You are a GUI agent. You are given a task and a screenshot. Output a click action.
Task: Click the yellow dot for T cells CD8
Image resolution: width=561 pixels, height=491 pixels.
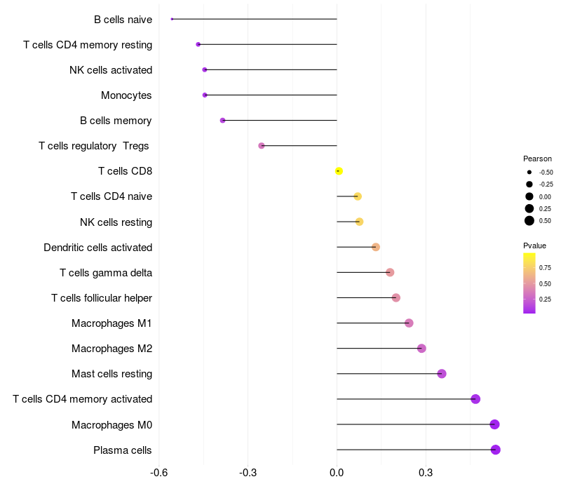pyautogui.click(x=339, y=171)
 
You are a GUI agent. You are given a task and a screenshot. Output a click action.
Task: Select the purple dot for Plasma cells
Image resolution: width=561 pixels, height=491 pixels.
pyautogui.click(x=495, y=450)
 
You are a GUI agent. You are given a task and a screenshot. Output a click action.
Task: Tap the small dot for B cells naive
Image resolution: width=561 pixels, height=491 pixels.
pyautogui.click(x=172, y=19)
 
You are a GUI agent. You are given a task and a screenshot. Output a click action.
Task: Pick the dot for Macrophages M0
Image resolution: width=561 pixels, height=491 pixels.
pyautogui.click(x=494, y=424)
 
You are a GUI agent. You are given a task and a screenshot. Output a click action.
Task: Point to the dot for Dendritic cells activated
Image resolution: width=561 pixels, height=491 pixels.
pyautogui.click(x=376, y=247)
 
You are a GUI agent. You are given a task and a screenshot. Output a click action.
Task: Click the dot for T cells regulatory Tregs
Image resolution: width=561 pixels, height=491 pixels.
pyautogui.click(x=262, y=146)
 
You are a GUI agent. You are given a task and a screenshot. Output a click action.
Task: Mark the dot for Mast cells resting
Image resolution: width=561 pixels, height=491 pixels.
pyautogui.click(x=442, y=374)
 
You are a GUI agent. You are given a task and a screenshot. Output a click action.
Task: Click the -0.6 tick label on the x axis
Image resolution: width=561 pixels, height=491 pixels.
pyautogui.click(x=159, y=473)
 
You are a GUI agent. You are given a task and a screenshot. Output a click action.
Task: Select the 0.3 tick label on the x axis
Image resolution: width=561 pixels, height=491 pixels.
pyautogui.click(x=426, y=473)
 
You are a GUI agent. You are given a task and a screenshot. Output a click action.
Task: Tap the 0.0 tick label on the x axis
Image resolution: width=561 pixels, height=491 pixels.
pyautogui.click(x=337, y=473)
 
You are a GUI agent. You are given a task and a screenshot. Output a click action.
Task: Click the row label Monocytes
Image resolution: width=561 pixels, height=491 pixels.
pyautogui.click(x=126, y=95)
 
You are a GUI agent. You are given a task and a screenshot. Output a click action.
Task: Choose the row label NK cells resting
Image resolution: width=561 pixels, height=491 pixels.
pyautogui.click(x=116, y=222)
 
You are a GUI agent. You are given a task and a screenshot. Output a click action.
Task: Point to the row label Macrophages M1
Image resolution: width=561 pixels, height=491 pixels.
pyautogui.click(x=111, y=323)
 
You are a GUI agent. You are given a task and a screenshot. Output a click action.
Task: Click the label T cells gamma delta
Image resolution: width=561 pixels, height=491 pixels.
pyautogui.click(x=106, y=273)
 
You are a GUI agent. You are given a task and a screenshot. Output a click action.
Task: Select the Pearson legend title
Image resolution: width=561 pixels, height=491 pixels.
pyautogui.click(x=537, y=159)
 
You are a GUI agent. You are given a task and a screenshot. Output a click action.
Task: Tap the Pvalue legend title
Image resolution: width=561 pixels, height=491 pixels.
pyautogui.click(x=534, y=245)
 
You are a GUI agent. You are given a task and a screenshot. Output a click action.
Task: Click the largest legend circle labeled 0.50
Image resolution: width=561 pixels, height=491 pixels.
pyautogui.click(x=529, y=221)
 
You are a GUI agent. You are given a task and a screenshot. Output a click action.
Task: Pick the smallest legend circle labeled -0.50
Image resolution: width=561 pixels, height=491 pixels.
pyautogui.click(x=529, y=172)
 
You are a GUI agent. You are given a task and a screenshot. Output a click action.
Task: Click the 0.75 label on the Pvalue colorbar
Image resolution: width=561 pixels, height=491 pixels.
pyautogui.click(x=545, y=268)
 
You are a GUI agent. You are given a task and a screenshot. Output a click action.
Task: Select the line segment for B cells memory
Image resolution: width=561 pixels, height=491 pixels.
pyautogui.click(x=280, y=120)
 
